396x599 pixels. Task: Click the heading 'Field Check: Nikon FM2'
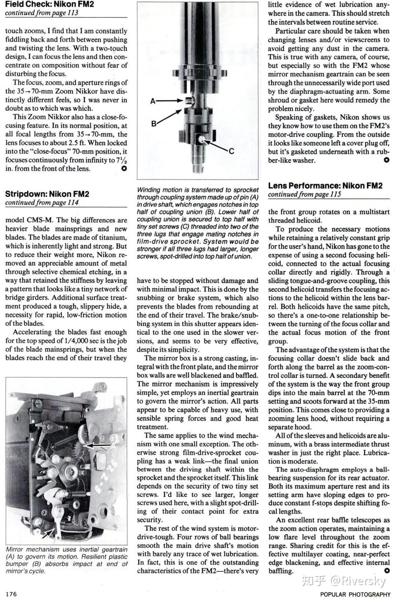click(49, 4)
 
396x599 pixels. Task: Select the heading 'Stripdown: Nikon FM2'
click(47, 194)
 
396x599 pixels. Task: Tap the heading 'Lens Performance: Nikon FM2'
click(325, 185)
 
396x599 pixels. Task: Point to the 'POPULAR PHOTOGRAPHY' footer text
click(355, 594)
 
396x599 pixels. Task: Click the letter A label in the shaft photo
click(153, 101)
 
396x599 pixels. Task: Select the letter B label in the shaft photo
click(154, 123)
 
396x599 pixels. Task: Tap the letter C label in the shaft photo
click(231, 151)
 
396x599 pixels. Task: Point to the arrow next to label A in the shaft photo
click(169, 101)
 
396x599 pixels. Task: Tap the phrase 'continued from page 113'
click(42, 13)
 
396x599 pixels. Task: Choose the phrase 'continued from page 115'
click(304, 194)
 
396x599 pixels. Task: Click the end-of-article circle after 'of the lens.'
click(124, 168)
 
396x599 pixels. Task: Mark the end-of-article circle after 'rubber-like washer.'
click(387, 160)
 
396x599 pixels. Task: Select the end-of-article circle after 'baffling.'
click(387, 571)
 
